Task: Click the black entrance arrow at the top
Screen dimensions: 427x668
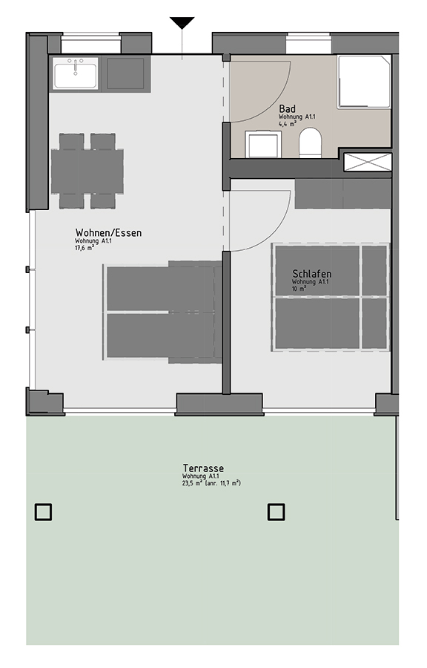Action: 182,22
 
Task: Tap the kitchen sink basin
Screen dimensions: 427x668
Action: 76,73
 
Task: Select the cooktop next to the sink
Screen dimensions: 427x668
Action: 125,73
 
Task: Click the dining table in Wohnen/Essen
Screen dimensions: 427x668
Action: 87,171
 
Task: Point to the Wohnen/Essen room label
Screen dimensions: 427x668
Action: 108,232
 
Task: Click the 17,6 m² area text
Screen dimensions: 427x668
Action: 85,247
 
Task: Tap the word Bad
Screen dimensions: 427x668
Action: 287,109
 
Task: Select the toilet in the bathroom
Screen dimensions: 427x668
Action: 310,143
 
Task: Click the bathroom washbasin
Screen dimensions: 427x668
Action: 263,145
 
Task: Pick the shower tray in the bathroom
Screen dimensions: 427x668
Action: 365,82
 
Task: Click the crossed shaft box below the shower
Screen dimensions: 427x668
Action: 368,162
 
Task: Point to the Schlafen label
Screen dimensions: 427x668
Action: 312,273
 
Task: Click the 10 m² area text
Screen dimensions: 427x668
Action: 299,289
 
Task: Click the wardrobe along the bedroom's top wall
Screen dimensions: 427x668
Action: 342,194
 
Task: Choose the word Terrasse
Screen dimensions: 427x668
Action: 203,468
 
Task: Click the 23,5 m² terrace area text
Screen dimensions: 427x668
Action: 211,483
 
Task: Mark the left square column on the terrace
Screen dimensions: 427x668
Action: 43,512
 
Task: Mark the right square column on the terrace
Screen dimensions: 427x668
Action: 276,512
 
